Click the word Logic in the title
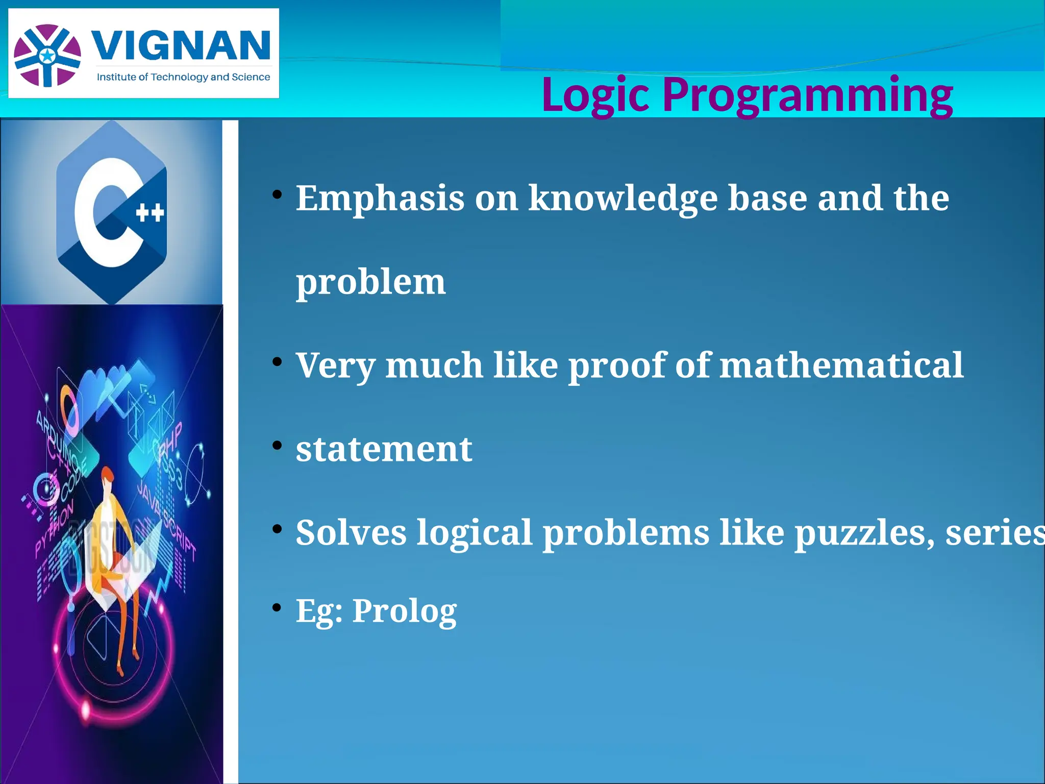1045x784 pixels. point(595,95)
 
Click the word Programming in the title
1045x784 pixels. point(807,95)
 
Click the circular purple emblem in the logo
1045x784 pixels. point(47,55)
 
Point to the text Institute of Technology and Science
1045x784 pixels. point(183,77)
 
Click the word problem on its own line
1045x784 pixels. point(371,282)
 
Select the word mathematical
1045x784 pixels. point(841,365)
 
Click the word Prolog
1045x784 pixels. point(404,610)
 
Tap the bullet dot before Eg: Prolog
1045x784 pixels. point(277,607)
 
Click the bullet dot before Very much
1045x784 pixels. point(277,362)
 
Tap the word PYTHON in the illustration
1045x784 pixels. point(54,529)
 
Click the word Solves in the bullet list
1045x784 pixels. point(351,533)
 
